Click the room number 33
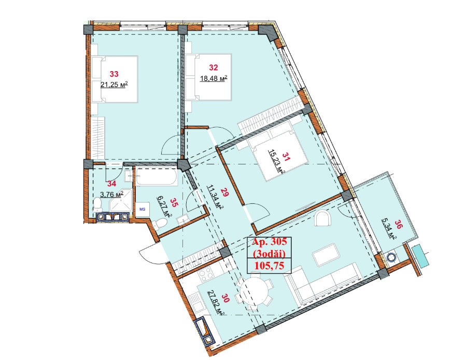pos(114,74)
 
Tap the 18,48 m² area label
pos(214,78)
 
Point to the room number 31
pos(286,157)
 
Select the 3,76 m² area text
pos(111,195)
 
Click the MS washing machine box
pos(143,209)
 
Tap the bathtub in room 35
pos(156,177)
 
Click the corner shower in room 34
pos(121,201)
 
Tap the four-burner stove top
pos(206,274)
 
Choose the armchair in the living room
pos(322,218)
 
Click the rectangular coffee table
pos(326,255)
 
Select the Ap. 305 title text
pos(269,242)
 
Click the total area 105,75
pos(269,266)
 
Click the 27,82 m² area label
pos(216,303)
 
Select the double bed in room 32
pos(209,77)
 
